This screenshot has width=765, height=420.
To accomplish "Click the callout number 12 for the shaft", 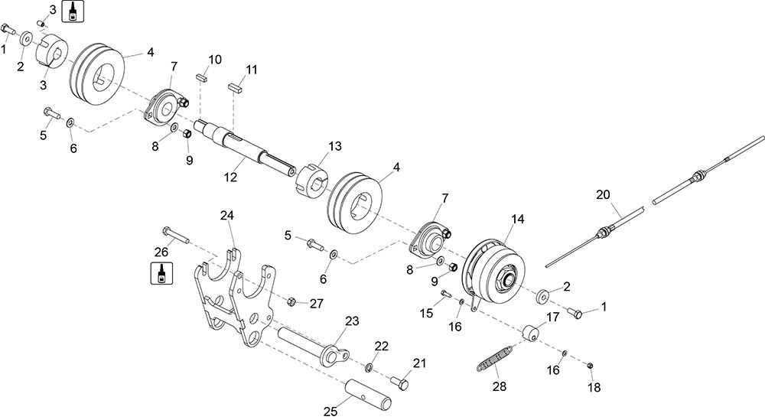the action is pyautogui.click(x=230, y=177).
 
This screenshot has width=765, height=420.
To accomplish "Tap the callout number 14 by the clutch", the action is pyautogui.click(x=518, y=219).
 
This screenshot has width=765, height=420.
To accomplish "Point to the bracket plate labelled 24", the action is pyautogui.click(x=234, y=298).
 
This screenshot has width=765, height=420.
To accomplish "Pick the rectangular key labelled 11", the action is pyautogui.click(x=235, y=88).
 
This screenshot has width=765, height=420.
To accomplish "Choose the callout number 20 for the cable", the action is pyautogui.click(x=603, y=194).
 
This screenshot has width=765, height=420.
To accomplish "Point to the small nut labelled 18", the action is pyautogui.click(x=589, y=366).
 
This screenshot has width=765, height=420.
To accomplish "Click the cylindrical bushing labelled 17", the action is pyautogui.click(x=530, y=334).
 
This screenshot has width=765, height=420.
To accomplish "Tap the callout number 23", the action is pyautogui.click(x=352, y=321).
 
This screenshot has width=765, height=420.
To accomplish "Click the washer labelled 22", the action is pyautogui.click(x=369, y=366).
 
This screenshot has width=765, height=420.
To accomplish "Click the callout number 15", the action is pyautogui.click(x=426, y=313).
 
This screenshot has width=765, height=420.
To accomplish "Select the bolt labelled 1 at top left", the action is pyautogui.click(x=8, y=29).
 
